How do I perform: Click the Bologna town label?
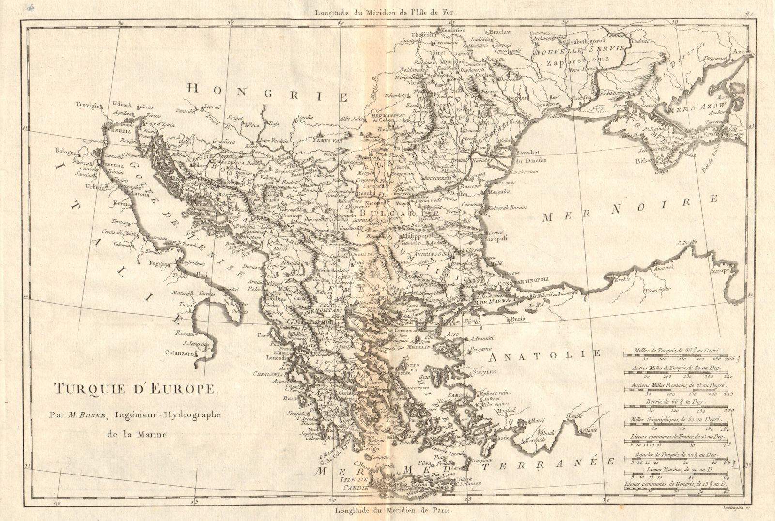(x=66, y=151)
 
